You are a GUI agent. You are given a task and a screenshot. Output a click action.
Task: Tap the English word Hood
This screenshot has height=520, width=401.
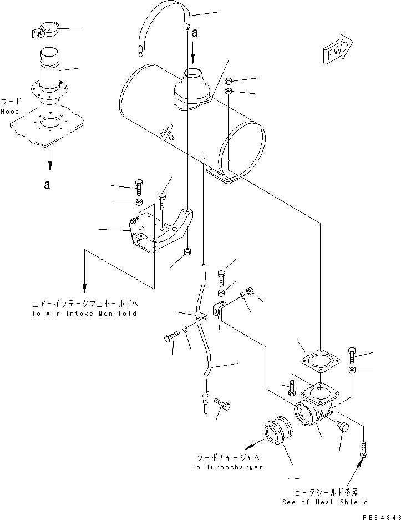(9, 111)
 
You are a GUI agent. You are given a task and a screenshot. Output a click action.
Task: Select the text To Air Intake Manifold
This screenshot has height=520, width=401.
(84, 314)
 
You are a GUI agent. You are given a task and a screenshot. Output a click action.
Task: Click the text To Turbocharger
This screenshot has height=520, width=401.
(227, 467)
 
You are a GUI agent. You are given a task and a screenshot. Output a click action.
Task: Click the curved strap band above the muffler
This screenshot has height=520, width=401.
(160, 25)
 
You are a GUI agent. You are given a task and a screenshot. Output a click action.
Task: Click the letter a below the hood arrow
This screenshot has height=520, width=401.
(47, 184)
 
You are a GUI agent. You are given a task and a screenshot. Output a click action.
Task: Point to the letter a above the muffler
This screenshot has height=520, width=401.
(194, 33)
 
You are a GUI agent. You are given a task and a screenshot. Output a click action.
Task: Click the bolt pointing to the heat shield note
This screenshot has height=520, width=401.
(364, 448)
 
